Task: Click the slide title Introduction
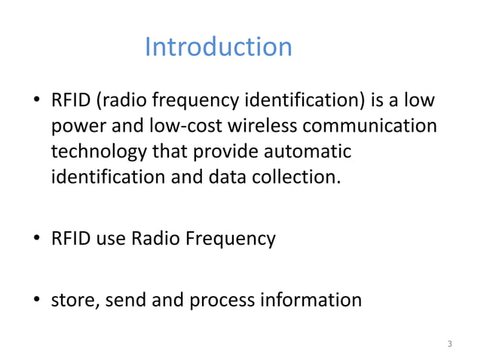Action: pos(217,47)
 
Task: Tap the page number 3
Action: pos(449,345)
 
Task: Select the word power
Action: pos(75,125)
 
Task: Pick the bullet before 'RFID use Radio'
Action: pos(35,240)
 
